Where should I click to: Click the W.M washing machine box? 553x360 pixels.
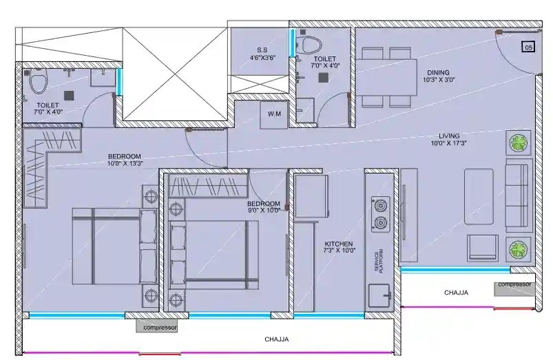click(x=273, y=114)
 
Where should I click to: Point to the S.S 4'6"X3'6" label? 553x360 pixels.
click(x=262, y=54)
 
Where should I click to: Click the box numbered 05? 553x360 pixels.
click(x=528, y=47)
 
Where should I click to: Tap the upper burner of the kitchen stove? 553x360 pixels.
click(x=379, y=205)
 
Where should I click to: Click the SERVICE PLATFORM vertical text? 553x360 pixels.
click(x=377, y=261)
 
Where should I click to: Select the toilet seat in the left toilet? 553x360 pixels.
click(x=38, y=84)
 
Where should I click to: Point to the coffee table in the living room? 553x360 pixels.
click(x=478, y=196)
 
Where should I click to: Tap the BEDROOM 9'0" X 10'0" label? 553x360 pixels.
click(x=264, y=207)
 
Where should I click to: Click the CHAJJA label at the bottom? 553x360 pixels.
click(x=276, y=339)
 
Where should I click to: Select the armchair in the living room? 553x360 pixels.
click(x=482, y=248)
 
